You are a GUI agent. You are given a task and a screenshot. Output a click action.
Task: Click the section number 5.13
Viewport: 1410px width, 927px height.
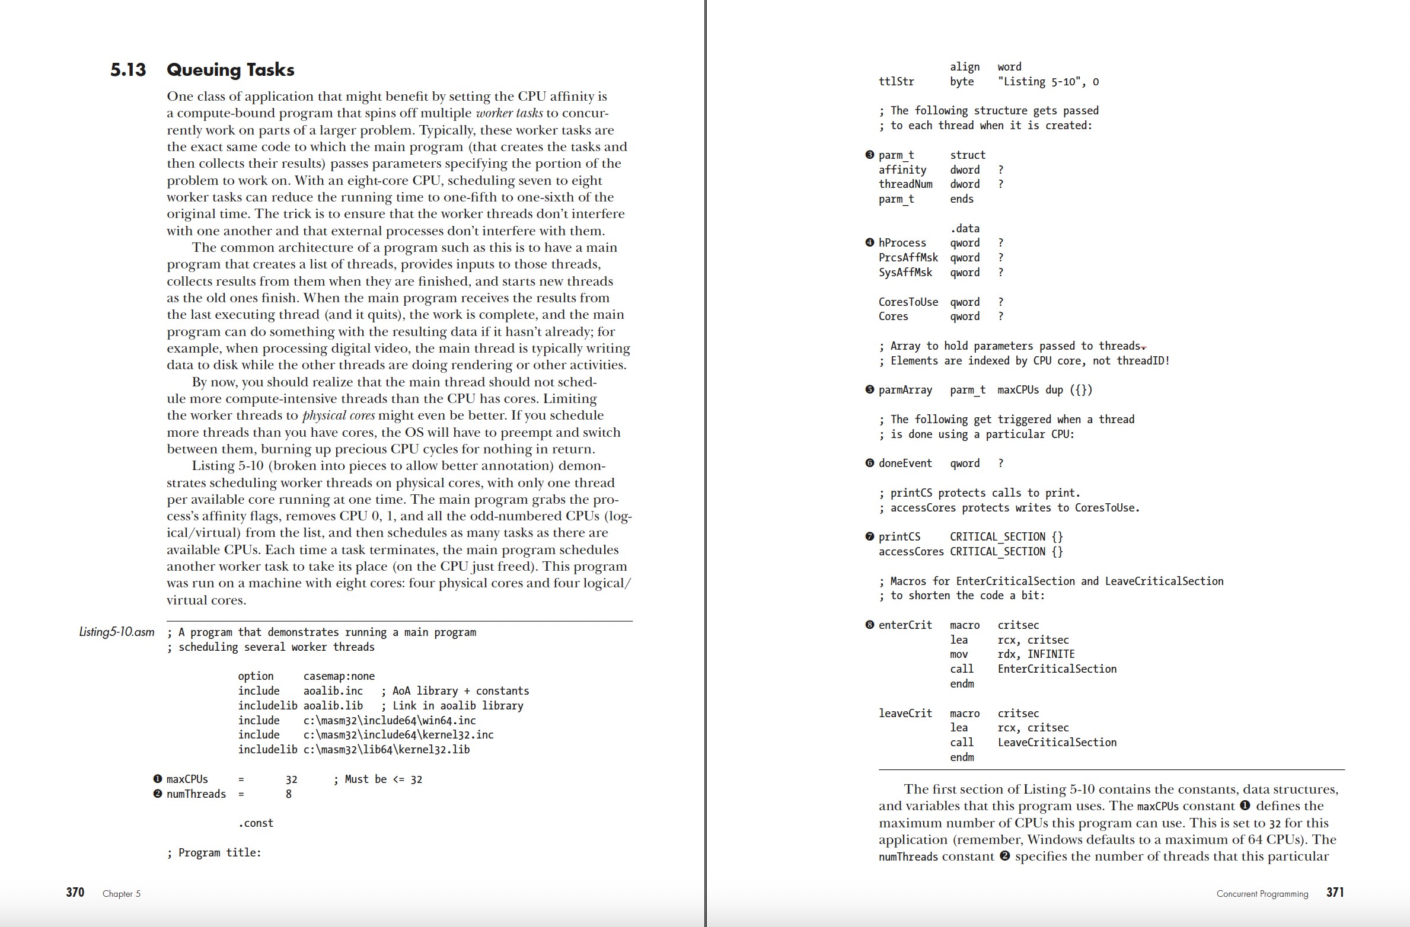point(127,70)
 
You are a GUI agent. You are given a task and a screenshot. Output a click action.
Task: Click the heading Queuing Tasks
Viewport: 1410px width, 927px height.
point(230,70)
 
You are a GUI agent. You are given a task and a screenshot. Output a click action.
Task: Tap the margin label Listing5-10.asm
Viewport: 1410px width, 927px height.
point(116,632)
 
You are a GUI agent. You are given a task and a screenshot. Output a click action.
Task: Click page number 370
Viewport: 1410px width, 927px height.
point(75,892)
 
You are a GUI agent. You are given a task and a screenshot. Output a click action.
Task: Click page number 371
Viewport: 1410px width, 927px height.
point(1335,892)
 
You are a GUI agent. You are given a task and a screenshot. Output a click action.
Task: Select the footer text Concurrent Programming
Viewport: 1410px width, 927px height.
point(1262,894)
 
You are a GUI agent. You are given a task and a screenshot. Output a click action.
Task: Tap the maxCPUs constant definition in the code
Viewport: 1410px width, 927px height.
point(187,779)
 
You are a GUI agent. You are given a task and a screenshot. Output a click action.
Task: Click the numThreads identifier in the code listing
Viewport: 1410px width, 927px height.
point(196,794)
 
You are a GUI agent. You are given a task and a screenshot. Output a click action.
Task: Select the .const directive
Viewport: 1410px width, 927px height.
point(256,823)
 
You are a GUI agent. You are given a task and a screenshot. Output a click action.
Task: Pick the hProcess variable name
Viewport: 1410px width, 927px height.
point(902,243)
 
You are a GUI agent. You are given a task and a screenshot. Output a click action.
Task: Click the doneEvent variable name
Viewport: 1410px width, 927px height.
point(905,463)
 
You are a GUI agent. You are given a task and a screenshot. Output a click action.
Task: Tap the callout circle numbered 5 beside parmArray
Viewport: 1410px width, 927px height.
point(870,390)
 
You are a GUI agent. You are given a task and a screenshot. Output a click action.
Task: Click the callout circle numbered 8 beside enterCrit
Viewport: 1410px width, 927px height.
point(870,625)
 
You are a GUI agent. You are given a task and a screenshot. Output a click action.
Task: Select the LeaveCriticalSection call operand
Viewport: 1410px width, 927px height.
point(1057,743)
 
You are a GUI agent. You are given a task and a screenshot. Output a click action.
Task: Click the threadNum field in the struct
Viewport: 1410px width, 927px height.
point(905,184)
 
